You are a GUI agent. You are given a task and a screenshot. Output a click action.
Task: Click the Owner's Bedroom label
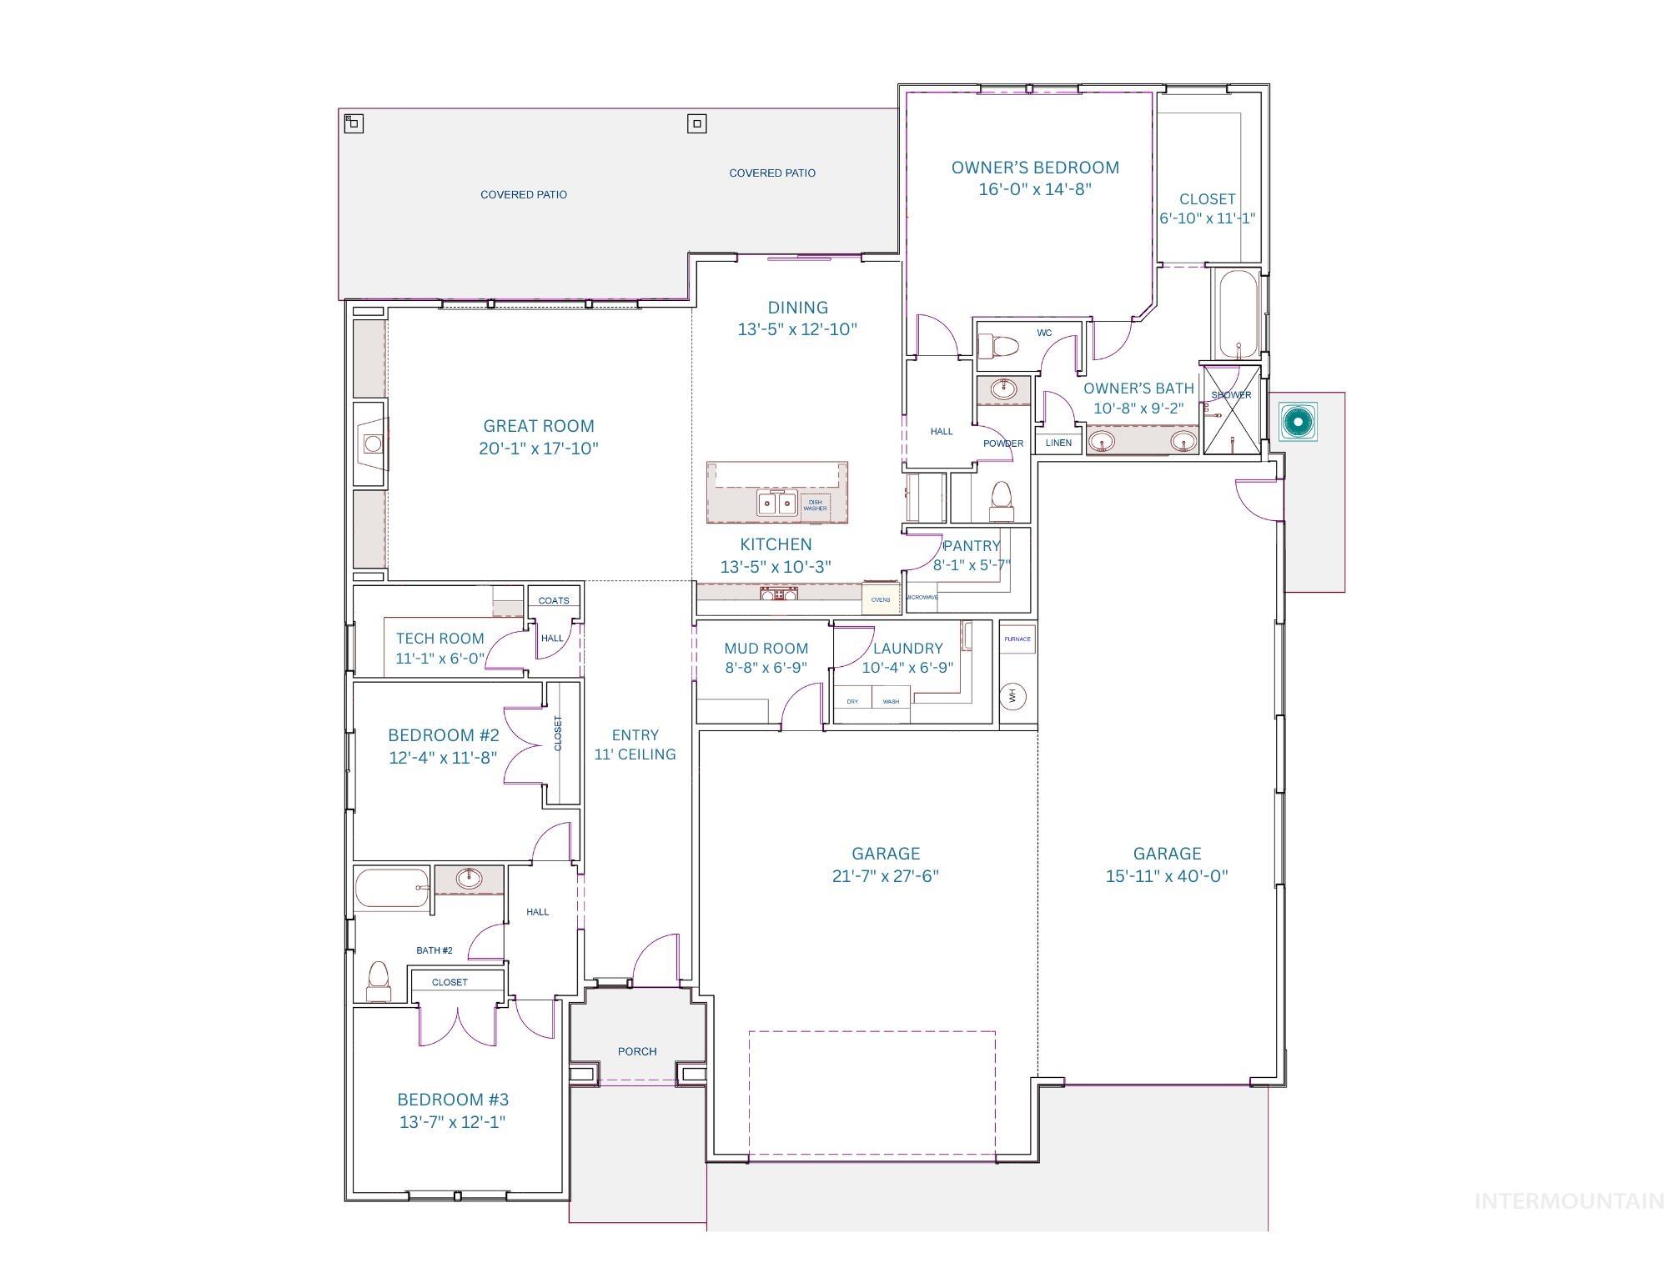pyautogui.click(x=1035, y=168)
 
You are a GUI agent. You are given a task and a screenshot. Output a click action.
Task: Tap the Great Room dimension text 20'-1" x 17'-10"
pyautogui.click(x=539, y=449)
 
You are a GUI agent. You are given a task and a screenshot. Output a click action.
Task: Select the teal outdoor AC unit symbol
pyautogui.click(x=1298, y=422)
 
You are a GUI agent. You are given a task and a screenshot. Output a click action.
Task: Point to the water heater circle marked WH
pyautogui.click(x=1012, y=696)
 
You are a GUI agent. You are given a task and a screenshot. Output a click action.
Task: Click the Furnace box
pyautogui.click(x=1017, y=639)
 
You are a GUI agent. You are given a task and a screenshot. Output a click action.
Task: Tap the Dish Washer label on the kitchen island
pyautogui.click(x=815, y=505)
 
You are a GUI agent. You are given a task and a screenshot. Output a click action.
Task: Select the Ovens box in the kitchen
pyautogui.click(x=881, y=599)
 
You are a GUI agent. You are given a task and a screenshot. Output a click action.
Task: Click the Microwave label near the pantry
pyautogui.click(x=922, y=598)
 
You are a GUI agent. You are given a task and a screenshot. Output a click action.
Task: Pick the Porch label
pyautogui.click(x=637, y=1051)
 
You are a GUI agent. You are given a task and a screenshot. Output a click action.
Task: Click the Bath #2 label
pyautogui.click(x=435, y=950)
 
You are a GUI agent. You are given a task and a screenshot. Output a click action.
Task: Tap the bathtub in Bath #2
pyautogui.click(x=391, y=889)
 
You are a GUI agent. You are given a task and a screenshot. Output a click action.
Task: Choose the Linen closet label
pyautogui.click(x=1058, y=443)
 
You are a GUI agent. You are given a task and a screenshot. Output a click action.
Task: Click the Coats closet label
pyautogui.click(x=554, y=600)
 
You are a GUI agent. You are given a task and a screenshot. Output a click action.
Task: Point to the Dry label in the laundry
pyautogui.click(x=852, y=702)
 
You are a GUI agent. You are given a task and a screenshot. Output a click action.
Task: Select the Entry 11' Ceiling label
pyautogui.click(x=635, y=744)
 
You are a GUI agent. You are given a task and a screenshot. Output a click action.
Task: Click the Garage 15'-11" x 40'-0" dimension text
pyautogui.click(x=1167, y=876)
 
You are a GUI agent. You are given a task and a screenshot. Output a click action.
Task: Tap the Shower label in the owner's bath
pyautogui.click(x=1231, y=394)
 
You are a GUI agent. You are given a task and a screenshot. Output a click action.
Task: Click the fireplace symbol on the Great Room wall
pyautogui.click(x=372, y=444)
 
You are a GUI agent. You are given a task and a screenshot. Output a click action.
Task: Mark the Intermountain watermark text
pyautogui.click(x=1569, y=1201)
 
